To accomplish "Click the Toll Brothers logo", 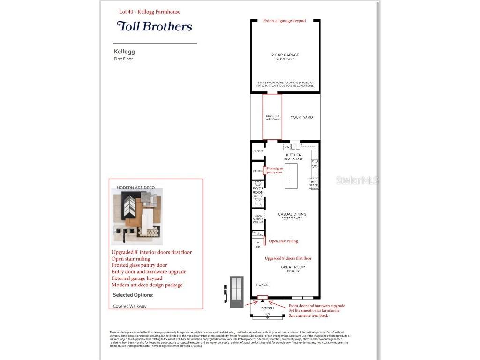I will coord(154,26).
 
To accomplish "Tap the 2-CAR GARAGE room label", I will coord(285,57).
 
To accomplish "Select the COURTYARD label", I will coord(301,117).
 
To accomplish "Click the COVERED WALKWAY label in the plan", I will coord(272,118).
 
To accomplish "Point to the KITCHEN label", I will coord(294,157).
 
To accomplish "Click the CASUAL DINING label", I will coord(292,216).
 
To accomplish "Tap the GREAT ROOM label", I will coord(293,269).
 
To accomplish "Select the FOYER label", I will coord(262,285).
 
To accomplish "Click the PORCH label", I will coord(267,308).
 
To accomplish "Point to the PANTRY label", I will coord(258,171).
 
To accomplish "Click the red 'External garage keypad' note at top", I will coord(284,21).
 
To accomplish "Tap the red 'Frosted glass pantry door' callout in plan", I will coord(275,170).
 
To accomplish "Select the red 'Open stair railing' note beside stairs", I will coord(283,241).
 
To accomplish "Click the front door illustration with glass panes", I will coord(237,292).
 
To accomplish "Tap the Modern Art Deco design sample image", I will coord(137,216).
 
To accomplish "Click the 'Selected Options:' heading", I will coord(133,295).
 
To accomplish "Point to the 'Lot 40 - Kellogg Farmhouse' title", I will coord(149,12).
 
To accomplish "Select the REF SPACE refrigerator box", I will coord(314,183).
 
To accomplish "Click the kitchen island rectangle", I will coord(291,175).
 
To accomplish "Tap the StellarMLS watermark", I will coord(357,180).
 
